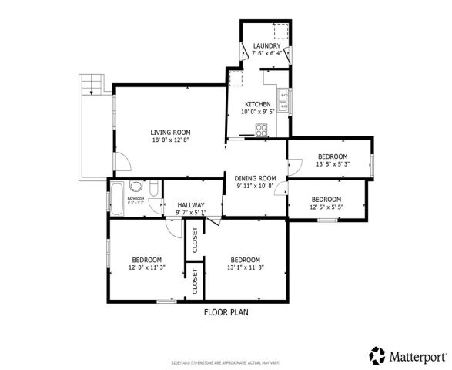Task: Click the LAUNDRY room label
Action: point(266,46)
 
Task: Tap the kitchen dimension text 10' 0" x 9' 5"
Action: point(257,112)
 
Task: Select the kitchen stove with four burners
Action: point(263,129)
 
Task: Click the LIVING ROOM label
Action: point(170,133)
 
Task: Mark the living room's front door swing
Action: point(121,162)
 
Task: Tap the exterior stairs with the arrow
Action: point(91,83)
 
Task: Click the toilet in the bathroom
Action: point(153,189)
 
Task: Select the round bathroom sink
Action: point(136,186)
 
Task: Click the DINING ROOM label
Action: point(255,178)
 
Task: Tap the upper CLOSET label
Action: point(195,240)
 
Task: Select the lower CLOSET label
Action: point(195,281)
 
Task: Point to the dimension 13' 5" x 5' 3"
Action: point(333,164)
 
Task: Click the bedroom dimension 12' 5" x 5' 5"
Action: point(326,207)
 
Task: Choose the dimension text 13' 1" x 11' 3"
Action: point(245,267)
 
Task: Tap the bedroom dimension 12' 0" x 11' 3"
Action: point(146,267)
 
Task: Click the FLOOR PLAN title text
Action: point(226,312)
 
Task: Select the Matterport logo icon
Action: point(377,355)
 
